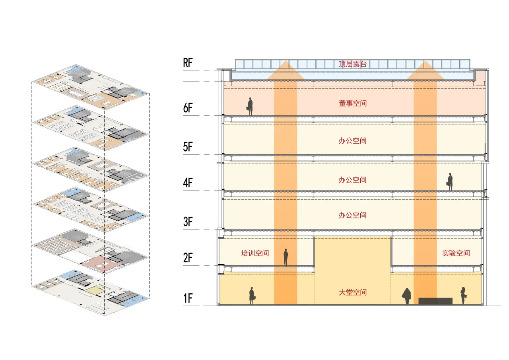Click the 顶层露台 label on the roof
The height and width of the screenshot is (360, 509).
(352, 64)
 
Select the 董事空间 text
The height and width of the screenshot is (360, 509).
(352, 103)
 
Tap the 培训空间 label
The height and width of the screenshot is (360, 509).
(255, 253)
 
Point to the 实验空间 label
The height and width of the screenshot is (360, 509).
(456, 253)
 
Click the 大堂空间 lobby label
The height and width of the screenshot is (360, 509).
(352, 292)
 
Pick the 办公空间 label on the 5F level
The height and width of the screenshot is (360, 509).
(352, 141)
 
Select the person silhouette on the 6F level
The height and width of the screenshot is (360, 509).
(250, 107)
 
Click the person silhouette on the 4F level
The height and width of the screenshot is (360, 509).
(450, 182)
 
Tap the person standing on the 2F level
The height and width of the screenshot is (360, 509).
(286, 257)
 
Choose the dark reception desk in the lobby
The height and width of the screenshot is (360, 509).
(435, 301)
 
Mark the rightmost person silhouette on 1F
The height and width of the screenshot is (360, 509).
(463, 296)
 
